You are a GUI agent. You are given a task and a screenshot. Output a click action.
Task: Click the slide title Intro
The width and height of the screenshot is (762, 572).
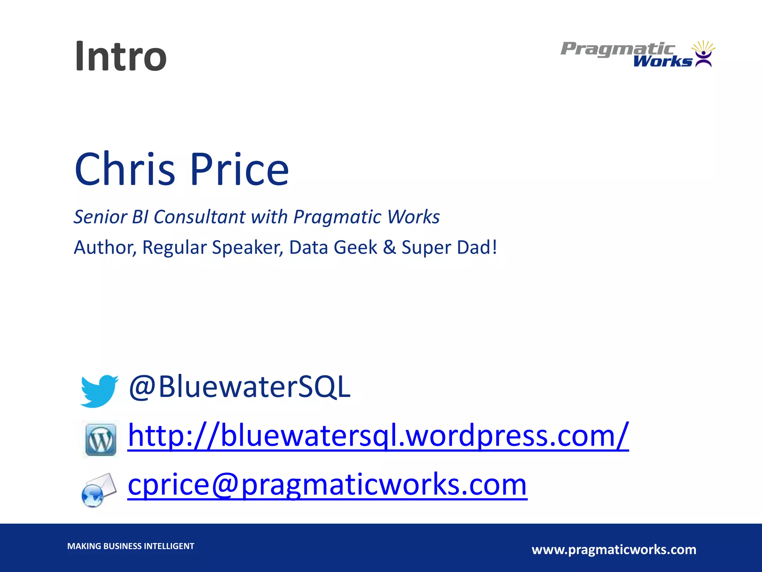pos(121,57)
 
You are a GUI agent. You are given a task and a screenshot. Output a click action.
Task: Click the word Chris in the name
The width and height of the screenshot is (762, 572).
pos(125,169)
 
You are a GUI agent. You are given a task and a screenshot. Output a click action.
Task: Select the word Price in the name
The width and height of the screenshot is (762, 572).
pos(240,169)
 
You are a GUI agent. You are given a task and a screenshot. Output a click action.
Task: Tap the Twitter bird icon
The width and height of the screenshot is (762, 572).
pos(99,391)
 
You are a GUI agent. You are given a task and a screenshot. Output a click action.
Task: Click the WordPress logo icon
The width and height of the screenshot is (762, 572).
pos(100,440)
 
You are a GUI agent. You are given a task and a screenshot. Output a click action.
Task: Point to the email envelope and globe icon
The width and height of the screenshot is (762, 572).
pos(99,490)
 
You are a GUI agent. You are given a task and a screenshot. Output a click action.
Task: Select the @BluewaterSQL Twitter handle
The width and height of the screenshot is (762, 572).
pos(240,387)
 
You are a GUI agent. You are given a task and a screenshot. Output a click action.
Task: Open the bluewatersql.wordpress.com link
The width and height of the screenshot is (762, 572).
pos(378,436)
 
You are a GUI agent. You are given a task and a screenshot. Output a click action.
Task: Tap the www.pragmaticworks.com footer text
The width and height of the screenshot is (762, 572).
pos(614,550)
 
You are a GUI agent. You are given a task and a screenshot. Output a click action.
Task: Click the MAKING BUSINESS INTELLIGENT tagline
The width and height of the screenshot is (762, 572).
pos(131,546)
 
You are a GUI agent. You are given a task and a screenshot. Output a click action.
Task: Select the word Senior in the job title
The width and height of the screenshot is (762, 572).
pos(100,217)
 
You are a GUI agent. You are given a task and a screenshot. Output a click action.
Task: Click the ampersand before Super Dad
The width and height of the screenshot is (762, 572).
pos(389,247)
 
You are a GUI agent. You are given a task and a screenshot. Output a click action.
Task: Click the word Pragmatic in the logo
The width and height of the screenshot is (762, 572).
pos(618,49)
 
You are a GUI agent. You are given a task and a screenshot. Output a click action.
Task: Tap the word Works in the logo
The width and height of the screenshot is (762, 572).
pos(662,61)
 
